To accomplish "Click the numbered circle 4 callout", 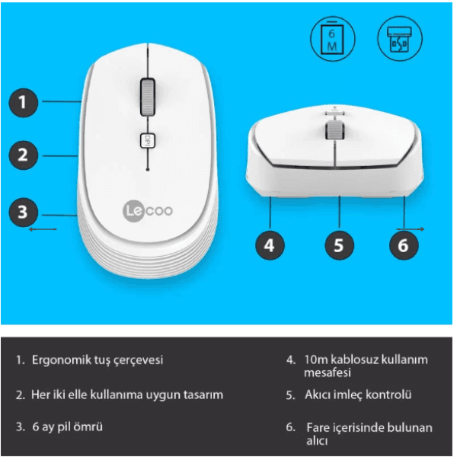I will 270,244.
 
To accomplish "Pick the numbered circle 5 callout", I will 339,244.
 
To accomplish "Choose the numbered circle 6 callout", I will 404,244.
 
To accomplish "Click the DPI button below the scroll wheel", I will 147,140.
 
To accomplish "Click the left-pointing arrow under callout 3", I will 43,228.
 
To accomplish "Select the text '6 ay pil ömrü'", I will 69,427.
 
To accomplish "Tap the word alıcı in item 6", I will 317,441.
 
